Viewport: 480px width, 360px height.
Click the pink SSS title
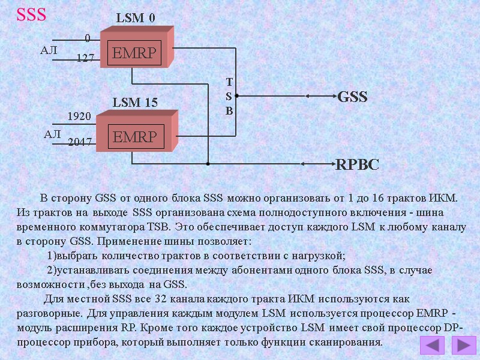click(x=31, y=15)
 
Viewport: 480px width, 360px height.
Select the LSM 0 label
click(x=135, y=19)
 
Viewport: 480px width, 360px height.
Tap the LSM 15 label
click(x=135, y=103)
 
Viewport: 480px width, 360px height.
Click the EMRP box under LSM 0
click(x=135, y=54)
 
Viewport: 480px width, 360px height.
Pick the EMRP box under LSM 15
click(x=135, y=137)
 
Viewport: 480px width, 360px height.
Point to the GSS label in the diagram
click(x=353, y=97)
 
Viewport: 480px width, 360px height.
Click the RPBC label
click(x=357, y=164)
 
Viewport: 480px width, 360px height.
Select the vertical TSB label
click(x=229, y=96)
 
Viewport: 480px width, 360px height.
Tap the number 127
click(x=86, y=58)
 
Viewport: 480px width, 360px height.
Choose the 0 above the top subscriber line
click(x=88, y=38)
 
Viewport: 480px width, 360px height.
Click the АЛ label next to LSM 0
click(x=49, y=51)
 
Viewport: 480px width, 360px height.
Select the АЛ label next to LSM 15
click(x=53, y=135)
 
